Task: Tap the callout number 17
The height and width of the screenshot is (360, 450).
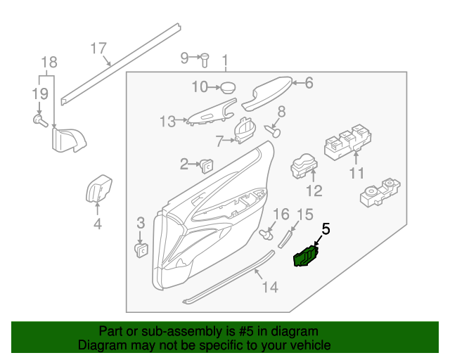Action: [x=98, y=48]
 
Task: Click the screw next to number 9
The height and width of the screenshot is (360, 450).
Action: [x=205, y=58]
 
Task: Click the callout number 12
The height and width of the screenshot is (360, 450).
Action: [x=313, y=191]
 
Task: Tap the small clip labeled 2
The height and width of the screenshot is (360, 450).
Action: [x=207, y=165]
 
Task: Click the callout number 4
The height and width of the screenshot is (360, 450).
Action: [x=98, y=224]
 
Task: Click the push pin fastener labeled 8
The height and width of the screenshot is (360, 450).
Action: [x=275, y=130]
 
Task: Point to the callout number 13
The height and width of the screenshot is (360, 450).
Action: [x=167, y=122]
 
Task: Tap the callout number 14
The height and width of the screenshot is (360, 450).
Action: [x=270, y=287]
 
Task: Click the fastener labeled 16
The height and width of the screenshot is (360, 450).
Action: [x=267, y=231]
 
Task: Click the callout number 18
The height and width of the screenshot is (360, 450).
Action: [x=47, y=61]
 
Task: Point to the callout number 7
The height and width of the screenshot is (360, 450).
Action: [x=219, y=141]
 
